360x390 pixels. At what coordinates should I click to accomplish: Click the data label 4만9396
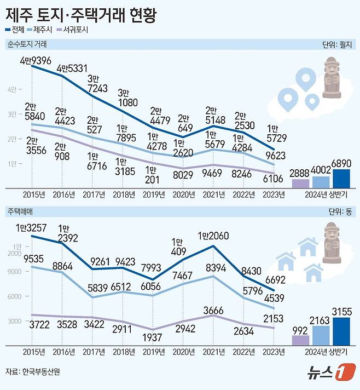[34, 59]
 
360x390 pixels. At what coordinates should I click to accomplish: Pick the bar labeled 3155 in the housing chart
[341, 332]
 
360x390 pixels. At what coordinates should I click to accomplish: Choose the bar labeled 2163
[321, 336]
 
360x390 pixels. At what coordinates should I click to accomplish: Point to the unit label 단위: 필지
[339, 44]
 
